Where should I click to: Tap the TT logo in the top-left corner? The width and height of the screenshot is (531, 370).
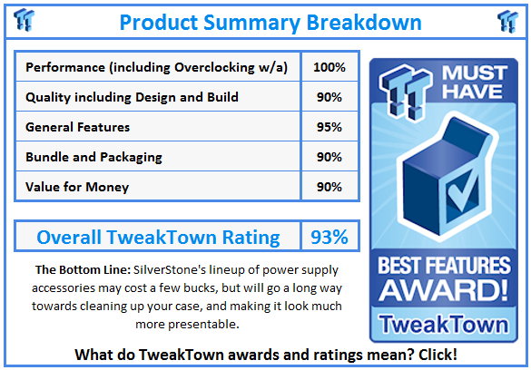point(25,20)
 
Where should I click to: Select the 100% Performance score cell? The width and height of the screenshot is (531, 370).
point(329,68)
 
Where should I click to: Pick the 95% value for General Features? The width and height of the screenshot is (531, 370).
point(329,127)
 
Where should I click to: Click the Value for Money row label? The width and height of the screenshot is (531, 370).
point(77,187)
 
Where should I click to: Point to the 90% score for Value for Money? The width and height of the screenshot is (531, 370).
point(329,187)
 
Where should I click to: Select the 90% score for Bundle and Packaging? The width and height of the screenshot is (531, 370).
point(329,157)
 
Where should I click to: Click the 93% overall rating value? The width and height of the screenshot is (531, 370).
point(329,238)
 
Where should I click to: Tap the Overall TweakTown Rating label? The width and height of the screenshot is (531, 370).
point(158,238)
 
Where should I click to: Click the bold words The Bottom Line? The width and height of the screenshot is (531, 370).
point(81,270)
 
